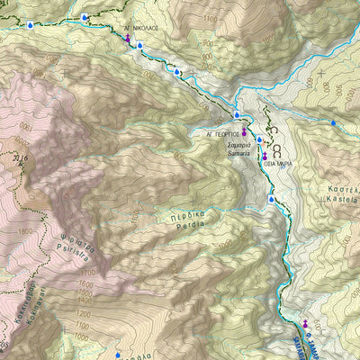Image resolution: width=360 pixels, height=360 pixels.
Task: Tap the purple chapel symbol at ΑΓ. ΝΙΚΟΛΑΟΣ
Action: point(128,40)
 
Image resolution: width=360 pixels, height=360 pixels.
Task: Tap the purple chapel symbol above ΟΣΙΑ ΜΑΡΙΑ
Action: point(265,156)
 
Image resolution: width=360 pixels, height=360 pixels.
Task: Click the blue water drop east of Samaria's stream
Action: point(333,123)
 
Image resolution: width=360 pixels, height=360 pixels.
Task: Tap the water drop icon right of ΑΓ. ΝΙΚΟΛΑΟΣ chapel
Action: point(140,44)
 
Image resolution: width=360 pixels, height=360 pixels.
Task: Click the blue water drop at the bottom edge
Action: point(117,355)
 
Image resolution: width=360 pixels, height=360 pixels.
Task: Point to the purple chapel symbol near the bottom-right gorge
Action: point(305,323)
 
